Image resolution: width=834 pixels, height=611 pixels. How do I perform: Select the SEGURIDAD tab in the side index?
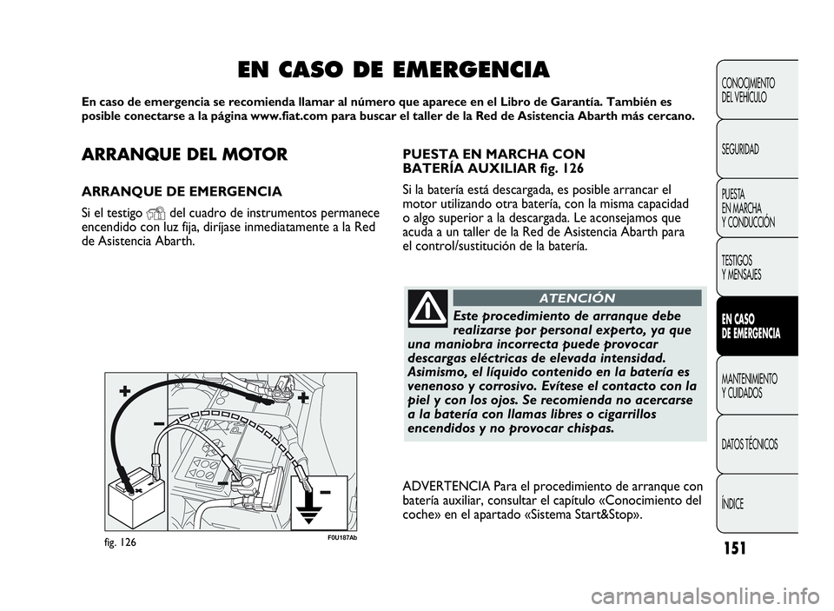740,149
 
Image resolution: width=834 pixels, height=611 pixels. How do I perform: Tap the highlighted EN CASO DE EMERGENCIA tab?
751,327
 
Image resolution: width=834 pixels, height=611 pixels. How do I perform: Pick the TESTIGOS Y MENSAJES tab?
742,268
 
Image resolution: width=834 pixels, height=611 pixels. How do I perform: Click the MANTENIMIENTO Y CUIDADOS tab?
750,386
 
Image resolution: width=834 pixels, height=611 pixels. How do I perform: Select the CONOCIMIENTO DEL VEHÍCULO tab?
748,90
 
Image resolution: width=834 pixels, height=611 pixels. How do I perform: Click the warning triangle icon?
427,308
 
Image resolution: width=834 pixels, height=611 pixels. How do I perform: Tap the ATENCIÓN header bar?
576,297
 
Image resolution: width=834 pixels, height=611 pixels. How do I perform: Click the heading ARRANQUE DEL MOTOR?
183,156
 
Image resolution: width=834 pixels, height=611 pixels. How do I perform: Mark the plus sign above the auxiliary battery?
125,392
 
